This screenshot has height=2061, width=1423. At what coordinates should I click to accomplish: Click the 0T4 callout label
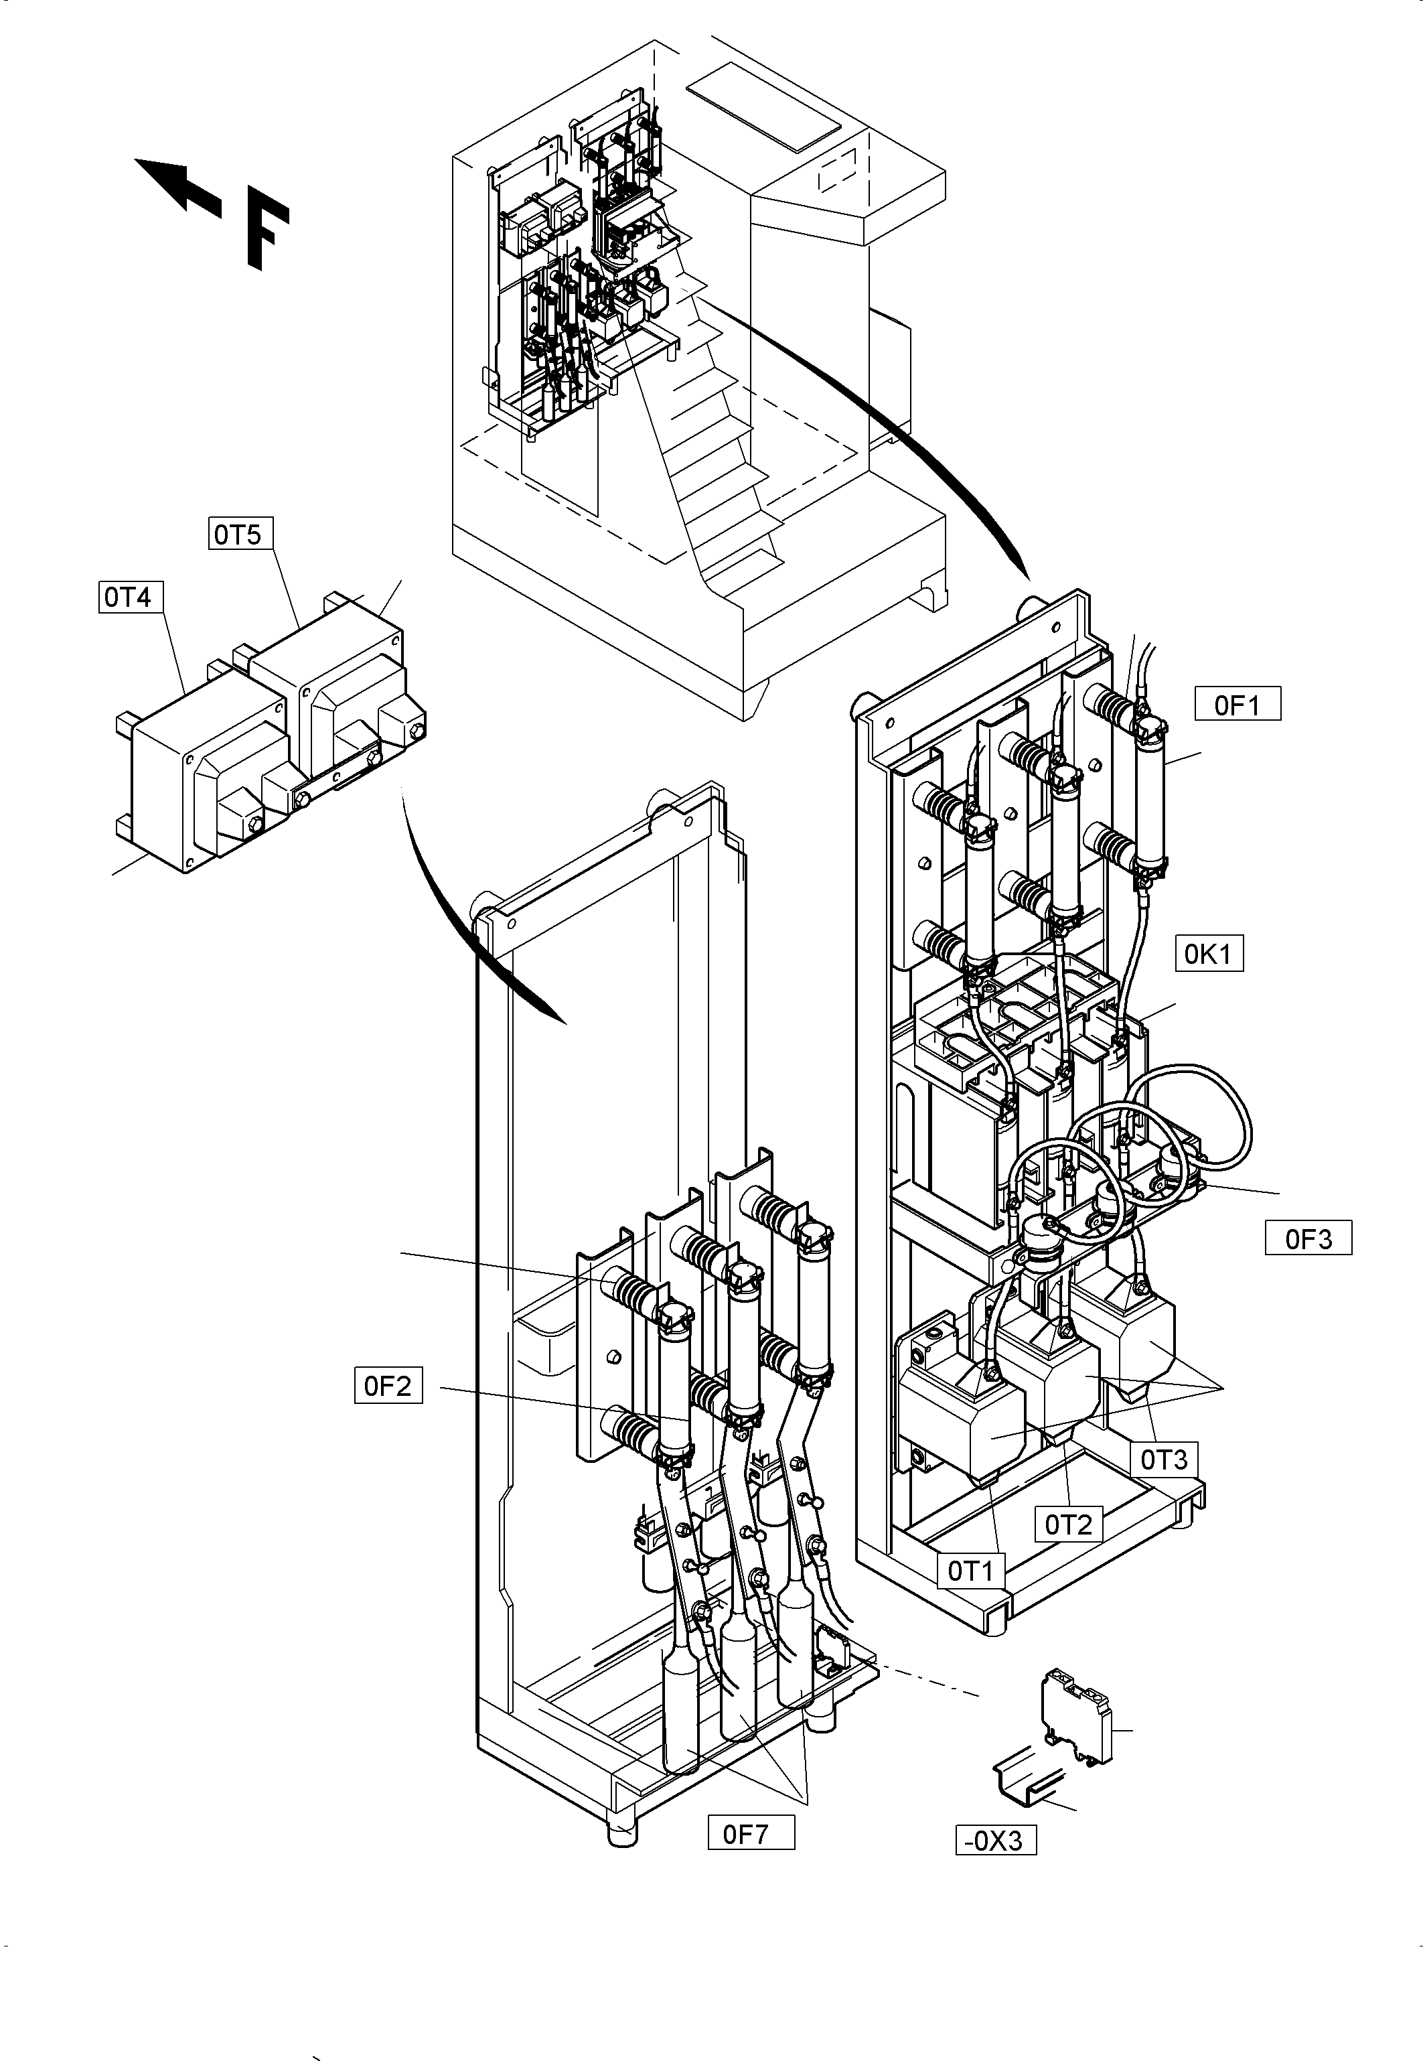pyautogui.click(x=129, y=597)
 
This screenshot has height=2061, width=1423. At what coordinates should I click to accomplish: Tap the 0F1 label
pyautogui.click(x=1238, y=705)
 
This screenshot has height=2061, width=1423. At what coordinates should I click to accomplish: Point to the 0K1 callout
pyautogui.click(x=1208, y=954)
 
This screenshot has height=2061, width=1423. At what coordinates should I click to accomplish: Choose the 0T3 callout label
pyautogui.click(x=1165, y=1460)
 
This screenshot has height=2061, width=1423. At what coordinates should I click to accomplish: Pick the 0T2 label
pyautogui.click(x=1068, y=1525)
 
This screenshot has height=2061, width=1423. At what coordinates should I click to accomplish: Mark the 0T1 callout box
pyautogui.click(x=970, y=1571)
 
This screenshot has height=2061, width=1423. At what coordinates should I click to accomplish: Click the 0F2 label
pyautogui.click(x=388, y=1387)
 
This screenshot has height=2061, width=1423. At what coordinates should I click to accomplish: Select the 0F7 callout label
pyautogui.click(x=751, y=1835)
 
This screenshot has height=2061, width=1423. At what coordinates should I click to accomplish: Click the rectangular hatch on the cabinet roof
pyautogui.click(x=764, y=105)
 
